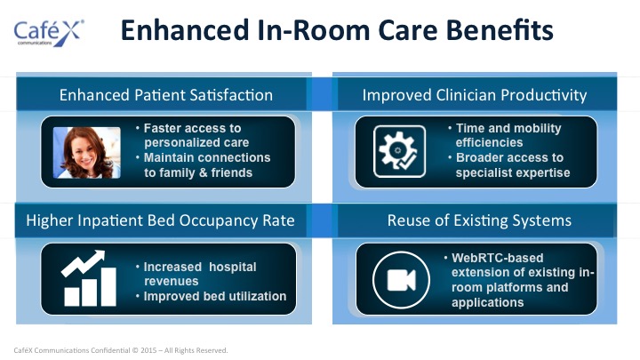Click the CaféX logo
(49, 32)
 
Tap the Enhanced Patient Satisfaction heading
(166, 95)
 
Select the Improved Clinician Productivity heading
(475, 95)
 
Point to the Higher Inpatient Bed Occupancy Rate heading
(160, 220)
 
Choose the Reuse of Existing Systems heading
(479, 220)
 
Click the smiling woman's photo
(87, 153)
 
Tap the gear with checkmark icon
(399, 151)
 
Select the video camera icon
(401, 280)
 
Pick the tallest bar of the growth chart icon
(108, 286)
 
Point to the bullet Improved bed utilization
(215, 296)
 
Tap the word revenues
(171, 281)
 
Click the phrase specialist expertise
(513, 172)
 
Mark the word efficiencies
(489, 142)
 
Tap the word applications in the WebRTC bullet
(487, 302)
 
